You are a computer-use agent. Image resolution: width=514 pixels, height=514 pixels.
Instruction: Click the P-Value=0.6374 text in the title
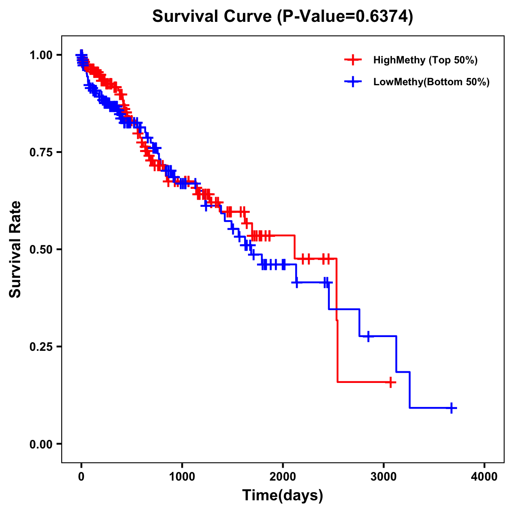(x=345, y=17)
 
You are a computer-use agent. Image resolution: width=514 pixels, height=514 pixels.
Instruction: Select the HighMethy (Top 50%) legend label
(x=425, y=60)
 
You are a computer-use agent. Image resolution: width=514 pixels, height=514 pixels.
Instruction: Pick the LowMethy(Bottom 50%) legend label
(x=431, y=82)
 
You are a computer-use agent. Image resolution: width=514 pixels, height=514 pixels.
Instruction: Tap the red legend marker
(x=353, y=60)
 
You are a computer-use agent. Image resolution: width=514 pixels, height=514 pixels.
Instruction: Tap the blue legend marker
(x=353, y=82)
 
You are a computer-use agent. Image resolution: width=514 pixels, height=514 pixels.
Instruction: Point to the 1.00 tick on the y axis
(x=41, y=55)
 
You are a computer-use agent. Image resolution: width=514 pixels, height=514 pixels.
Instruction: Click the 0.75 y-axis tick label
(x=41, y=152)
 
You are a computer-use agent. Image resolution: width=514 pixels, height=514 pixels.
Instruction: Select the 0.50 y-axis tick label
(x=41, y=249)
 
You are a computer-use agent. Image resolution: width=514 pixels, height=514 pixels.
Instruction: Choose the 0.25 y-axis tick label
(x=41, y=347)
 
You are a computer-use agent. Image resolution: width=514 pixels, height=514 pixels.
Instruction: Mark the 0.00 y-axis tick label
(x=41, y=444)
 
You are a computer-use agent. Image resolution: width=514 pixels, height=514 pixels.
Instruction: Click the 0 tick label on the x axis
(x=81, y=476)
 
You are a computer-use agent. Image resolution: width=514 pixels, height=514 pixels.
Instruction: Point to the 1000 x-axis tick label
(x=182, y=476)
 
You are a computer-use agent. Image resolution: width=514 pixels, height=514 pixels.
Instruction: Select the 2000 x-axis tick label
(x=283, y=476)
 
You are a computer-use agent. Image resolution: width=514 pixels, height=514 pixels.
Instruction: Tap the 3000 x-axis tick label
(x=384, y=476)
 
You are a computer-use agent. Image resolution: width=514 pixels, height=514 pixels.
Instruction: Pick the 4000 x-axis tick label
(x=484, y=476)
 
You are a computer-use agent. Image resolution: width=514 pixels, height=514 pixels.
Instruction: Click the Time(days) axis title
(x=283, y=496)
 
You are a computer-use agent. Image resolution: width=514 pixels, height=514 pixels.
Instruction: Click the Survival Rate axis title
(x=15, y=249)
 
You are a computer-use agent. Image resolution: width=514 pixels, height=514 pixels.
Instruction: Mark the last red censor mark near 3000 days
(x=390, y=382)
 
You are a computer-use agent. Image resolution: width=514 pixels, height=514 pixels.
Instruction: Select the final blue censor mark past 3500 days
(x=451, y=408)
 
